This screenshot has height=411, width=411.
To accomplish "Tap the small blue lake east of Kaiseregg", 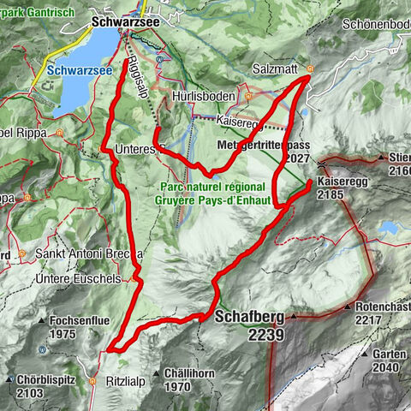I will click(x=390, y=229).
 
